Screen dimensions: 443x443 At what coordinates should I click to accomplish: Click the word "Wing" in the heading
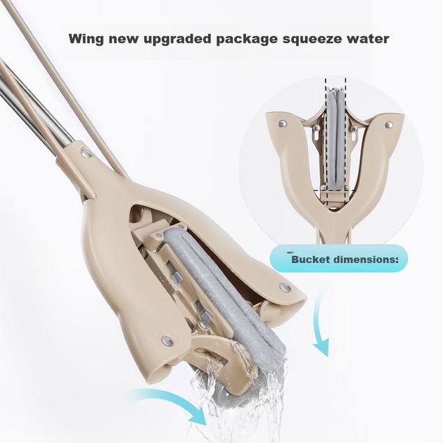pyautogui.click(x=86, y=39)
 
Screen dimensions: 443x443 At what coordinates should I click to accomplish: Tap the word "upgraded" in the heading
pyautogui.click(x=177, y=39)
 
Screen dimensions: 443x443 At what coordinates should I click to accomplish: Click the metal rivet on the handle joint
pyautogui.click(x=86, y=153)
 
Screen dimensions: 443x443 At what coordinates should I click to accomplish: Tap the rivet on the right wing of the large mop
pyautogui.click(x=285, y=288)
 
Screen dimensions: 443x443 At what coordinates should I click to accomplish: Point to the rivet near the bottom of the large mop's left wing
pyautogui.click(x=167, y=341)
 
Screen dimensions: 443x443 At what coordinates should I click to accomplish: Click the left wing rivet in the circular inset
pyautogui.click(x=282, y=124)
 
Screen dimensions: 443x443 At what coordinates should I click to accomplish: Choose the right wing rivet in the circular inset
pyautogui.click(x=390, y=124)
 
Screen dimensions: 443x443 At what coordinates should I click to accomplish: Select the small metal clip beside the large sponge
pyautogui.click(x=177, y=278)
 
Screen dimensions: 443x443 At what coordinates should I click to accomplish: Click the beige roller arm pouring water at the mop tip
pyautogui.click(x=223, y=359)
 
